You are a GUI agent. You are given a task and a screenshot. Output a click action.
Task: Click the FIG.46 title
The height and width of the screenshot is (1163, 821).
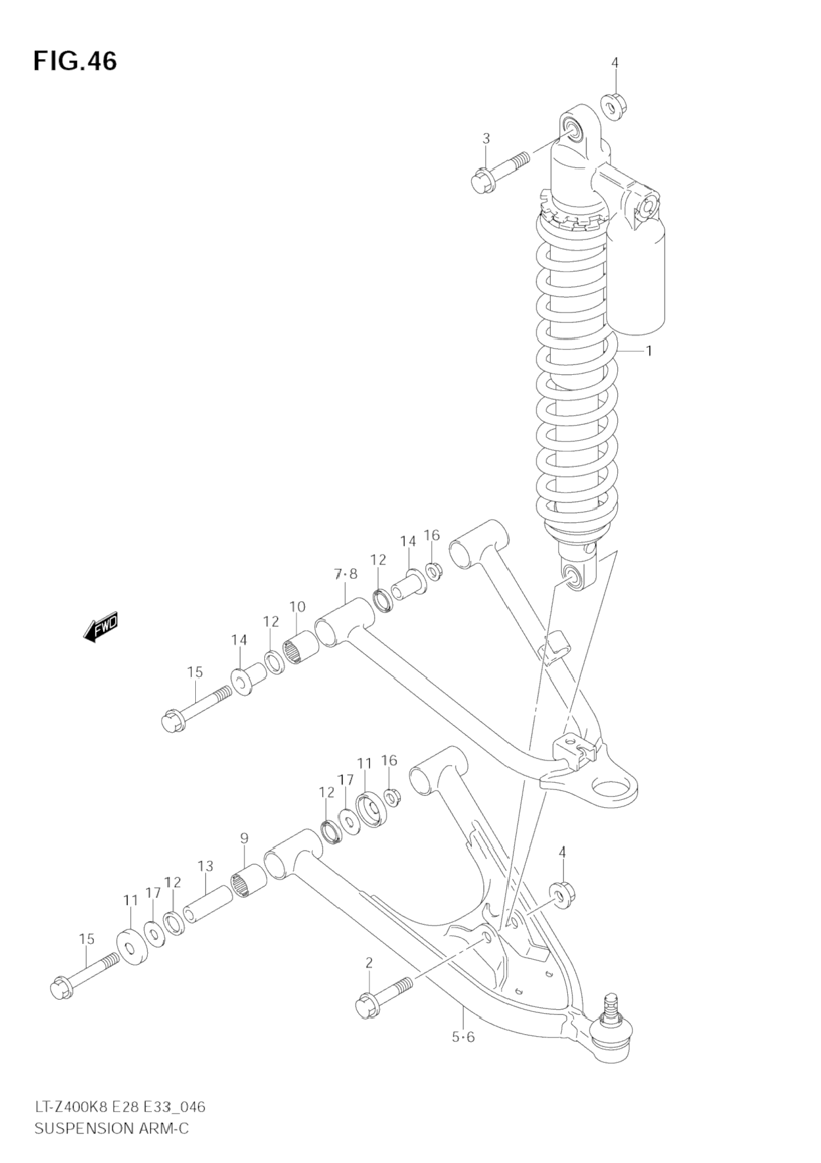coord(75,61)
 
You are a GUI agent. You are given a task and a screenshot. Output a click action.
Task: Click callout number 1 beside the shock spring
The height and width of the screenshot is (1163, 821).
coord(649,351)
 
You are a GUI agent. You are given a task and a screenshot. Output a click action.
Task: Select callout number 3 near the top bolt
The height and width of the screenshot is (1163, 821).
coord(486,139)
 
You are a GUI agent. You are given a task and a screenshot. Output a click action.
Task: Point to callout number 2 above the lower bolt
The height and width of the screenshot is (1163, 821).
coord(369,963)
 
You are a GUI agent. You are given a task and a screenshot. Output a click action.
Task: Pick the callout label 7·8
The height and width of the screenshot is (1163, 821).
coord(345,574)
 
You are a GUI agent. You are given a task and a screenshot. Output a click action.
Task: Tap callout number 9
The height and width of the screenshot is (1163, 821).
coord(244,838)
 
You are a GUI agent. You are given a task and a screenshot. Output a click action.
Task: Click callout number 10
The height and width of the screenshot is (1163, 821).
coord(297,606)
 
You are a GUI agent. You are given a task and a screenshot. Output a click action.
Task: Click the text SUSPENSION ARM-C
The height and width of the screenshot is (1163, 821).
coord(111,1128)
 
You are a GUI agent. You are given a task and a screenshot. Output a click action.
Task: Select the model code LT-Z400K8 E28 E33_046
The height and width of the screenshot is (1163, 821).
coord(120,1107)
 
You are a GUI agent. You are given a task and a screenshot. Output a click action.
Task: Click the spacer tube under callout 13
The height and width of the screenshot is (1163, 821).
coord(208,904)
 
